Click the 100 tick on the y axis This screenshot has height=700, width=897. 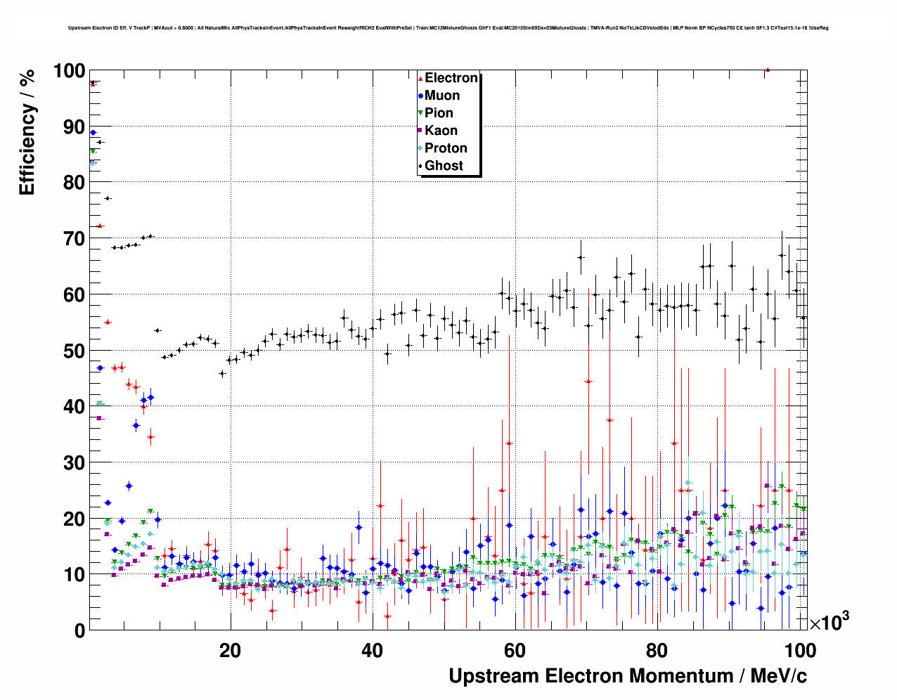click(x=69, y=71)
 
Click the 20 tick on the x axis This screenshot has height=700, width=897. click(x=230, y=651)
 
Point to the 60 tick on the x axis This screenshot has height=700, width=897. click(x=515, y=651)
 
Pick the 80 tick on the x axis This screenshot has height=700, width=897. click(x=657, y=651)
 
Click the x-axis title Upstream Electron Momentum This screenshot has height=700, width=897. click(x=628, y=676)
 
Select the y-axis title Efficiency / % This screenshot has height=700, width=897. click(x=27, y=133)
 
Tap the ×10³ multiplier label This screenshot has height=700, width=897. click(x=830, y=622)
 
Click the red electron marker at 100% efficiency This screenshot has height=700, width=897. click(x=768, y=70)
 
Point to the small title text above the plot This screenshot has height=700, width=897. click(x=448, y=28)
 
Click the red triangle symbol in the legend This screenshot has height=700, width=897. click(x=420, y=78)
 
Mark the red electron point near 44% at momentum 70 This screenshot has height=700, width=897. click(x=588, y=381)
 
